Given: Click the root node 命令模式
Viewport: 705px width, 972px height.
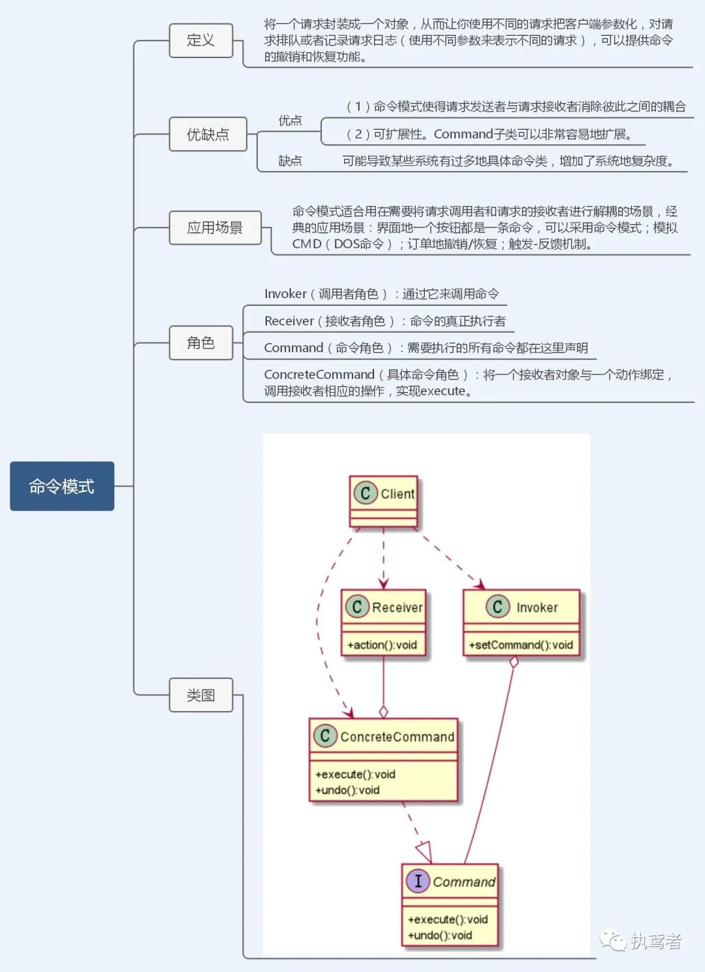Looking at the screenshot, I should point(62,486).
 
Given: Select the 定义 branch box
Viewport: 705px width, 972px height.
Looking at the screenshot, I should point(200,40).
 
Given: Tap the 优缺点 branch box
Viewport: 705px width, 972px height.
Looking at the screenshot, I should point(208,134).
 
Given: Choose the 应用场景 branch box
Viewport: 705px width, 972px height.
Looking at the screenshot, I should point(215,228).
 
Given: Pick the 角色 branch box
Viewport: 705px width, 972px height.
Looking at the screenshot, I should point(200,342).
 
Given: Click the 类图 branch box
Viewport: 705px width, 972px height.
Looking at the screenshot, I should point(200,695).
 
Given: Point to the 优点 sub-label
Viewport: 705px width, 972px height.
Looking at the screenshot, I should point(290,121).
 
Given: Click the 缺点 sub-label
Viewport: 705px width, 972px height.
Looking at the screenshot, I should point(290,161).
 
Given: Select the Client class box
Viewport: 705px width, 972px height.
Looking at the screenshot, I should point(383,501).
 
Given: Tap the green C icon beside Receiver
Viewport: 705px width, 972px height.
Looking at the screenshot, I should point(356,607).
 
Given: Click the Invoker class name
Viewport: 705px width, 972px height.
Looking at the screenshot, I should point(537,608).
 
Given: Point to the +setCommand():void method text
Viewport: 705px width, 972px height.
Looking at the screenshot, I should point(521,645).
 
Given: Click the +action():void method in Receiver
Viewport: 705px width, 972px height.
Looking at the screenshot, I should point(383,645).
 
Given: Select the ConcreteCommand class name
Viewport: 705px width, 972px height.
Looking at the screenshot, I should point(397,737).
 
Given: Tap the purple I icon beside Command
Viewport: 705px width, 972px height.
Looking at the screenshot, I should point(418,881).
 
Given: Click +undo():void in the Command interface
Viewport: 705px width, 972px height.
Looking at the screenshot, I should point(440,935).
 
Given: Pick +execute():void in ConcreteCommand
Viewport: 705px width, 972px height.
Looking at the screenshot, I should point(356,774).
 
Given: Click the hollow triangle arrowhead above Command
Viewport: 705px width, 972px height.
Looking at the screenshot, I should point(424,851).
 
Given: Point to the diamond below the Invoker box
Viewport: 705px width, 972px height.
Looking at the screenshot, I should point(514,661).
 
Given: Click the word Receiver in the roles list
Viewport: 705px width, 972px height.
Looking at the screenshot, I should point(289,321).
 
